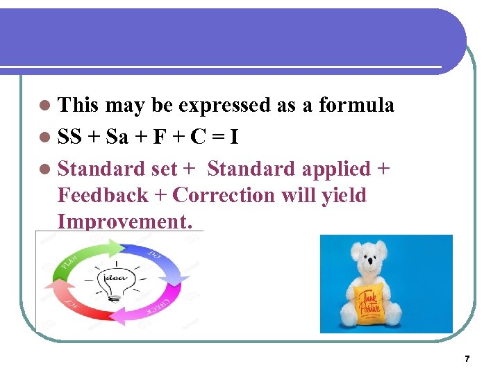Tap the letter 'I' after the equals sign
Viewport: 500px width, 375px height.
(x=235, y=137)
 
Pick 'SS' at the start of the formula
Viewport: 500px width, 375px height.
(x=71, y=137)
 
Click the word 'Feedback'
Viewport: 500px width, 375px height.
(x=103, y=195)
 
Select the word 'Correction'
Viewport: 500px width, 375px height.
(x=224, y=195)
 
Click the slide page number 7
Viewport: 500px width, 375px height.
(x=467, y=359)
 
